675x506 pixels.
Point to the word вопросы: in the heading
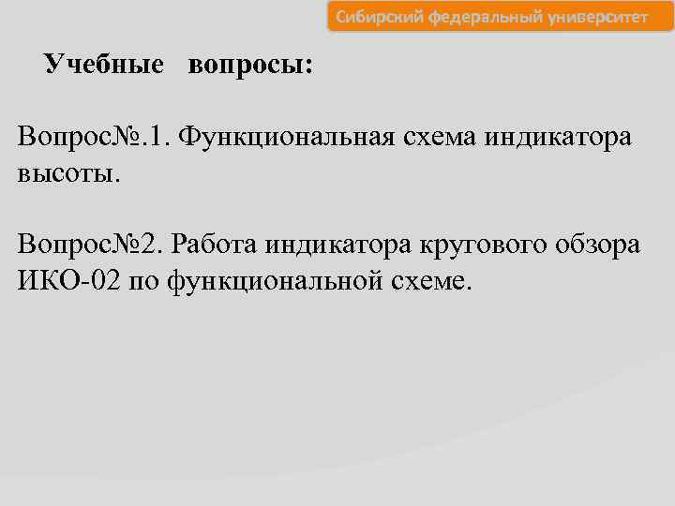[250, 66]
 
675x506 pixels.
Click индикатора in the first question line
[559, 138]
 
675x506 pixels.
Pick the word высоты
[69, 173]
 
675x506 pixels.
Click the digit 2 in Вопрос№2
[150, 246]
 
